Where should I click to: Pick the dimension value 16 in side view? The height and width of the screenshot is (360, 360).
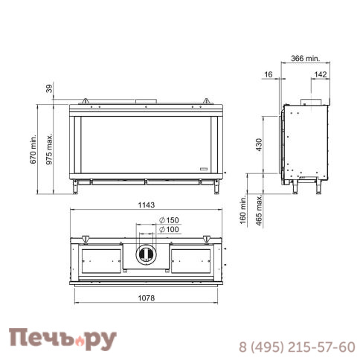[269, 75]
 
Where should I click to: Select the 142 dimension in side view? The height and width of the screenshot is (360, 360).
[320, 75]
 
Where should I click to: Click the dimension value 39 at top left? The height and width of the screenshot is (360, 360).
[51, 89]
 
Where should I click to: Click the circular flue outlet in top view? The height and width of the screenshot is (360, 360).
[146, 256]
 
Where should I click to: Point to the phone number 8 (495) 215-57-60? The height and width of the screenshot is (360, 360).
[296, 347]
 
